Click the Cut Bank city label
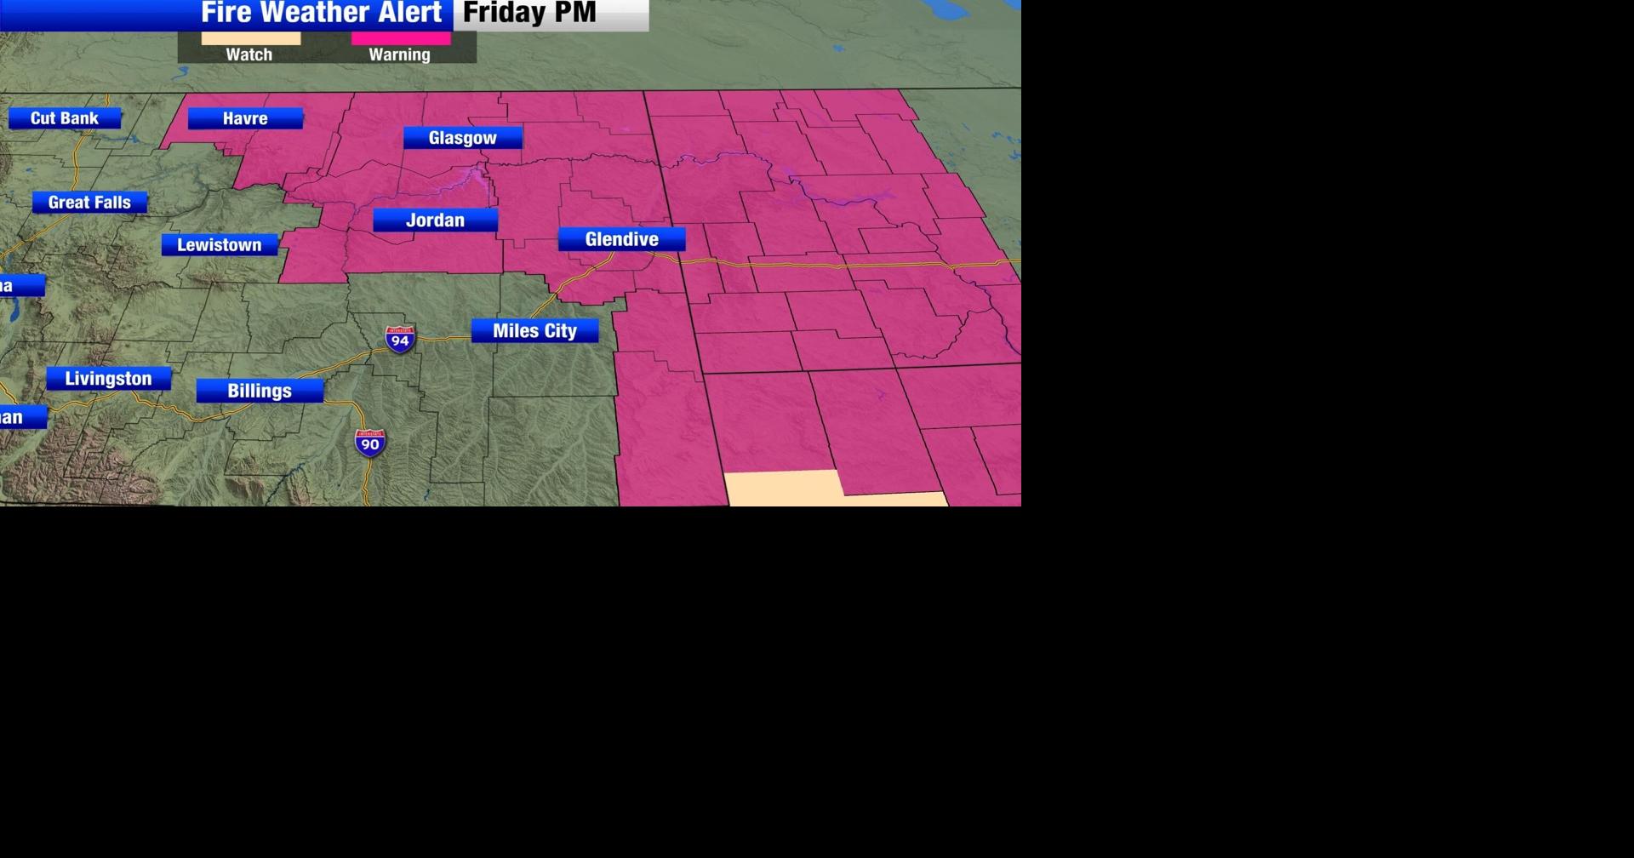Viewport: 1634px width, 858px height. click(x=65, y=118)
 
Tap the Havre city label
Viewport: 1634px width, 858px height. click(x=245, y=118)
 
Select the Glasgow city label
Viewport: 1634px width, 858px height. click(x=462, y=138)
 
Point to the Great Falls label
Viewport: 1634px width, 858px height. click(x=89, y=203)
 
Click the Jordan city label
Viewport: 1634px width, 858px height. click(x=435, y=220)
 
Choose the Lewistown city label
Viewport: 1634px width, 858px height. click(x=220, y=245)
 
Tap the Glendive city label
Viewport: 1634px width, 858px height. click(x=621, y=239)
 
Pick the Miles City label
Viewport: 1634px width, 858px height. click(x=534, y=330)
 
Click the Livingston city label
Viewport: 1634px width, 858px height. click(x=108, y=379)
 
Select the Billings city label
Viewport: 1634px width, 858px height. click(x=260, y=391)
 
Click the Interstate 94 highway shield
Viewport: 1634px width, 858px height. click(x=400, y=340)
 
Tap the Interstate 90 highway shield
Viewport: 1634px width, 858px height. click(x=370, y=443)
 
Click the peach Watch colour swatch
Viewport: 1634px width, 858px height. click(x=251, y=38)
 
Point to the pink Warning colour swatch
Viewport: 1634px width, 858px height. click(x=401, y=38)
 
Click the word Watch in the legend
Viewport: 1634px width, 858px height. click(x=249, y=54)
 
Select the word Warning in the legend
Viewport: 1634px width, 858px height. click(x=399, y=54)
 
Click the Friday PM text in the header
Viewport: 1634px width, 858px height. click(x=528, y=13)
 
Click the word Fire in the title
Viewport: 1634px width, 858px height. click(x=226, y=13)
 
